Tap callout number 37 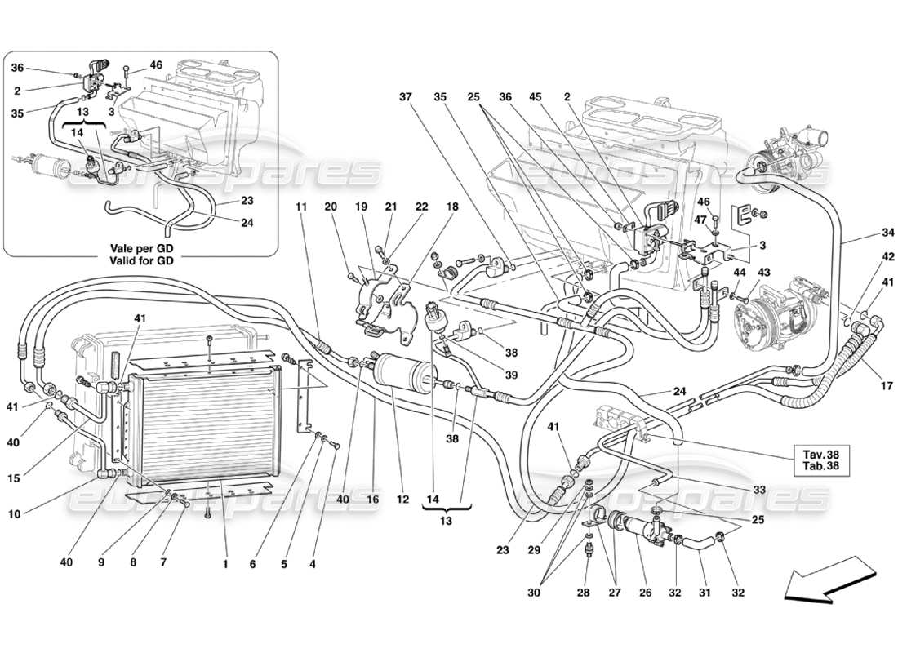[x=405, y=96]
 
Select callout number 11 [x=302, y=207]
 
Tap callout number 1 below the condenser [x=225, y=562]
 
